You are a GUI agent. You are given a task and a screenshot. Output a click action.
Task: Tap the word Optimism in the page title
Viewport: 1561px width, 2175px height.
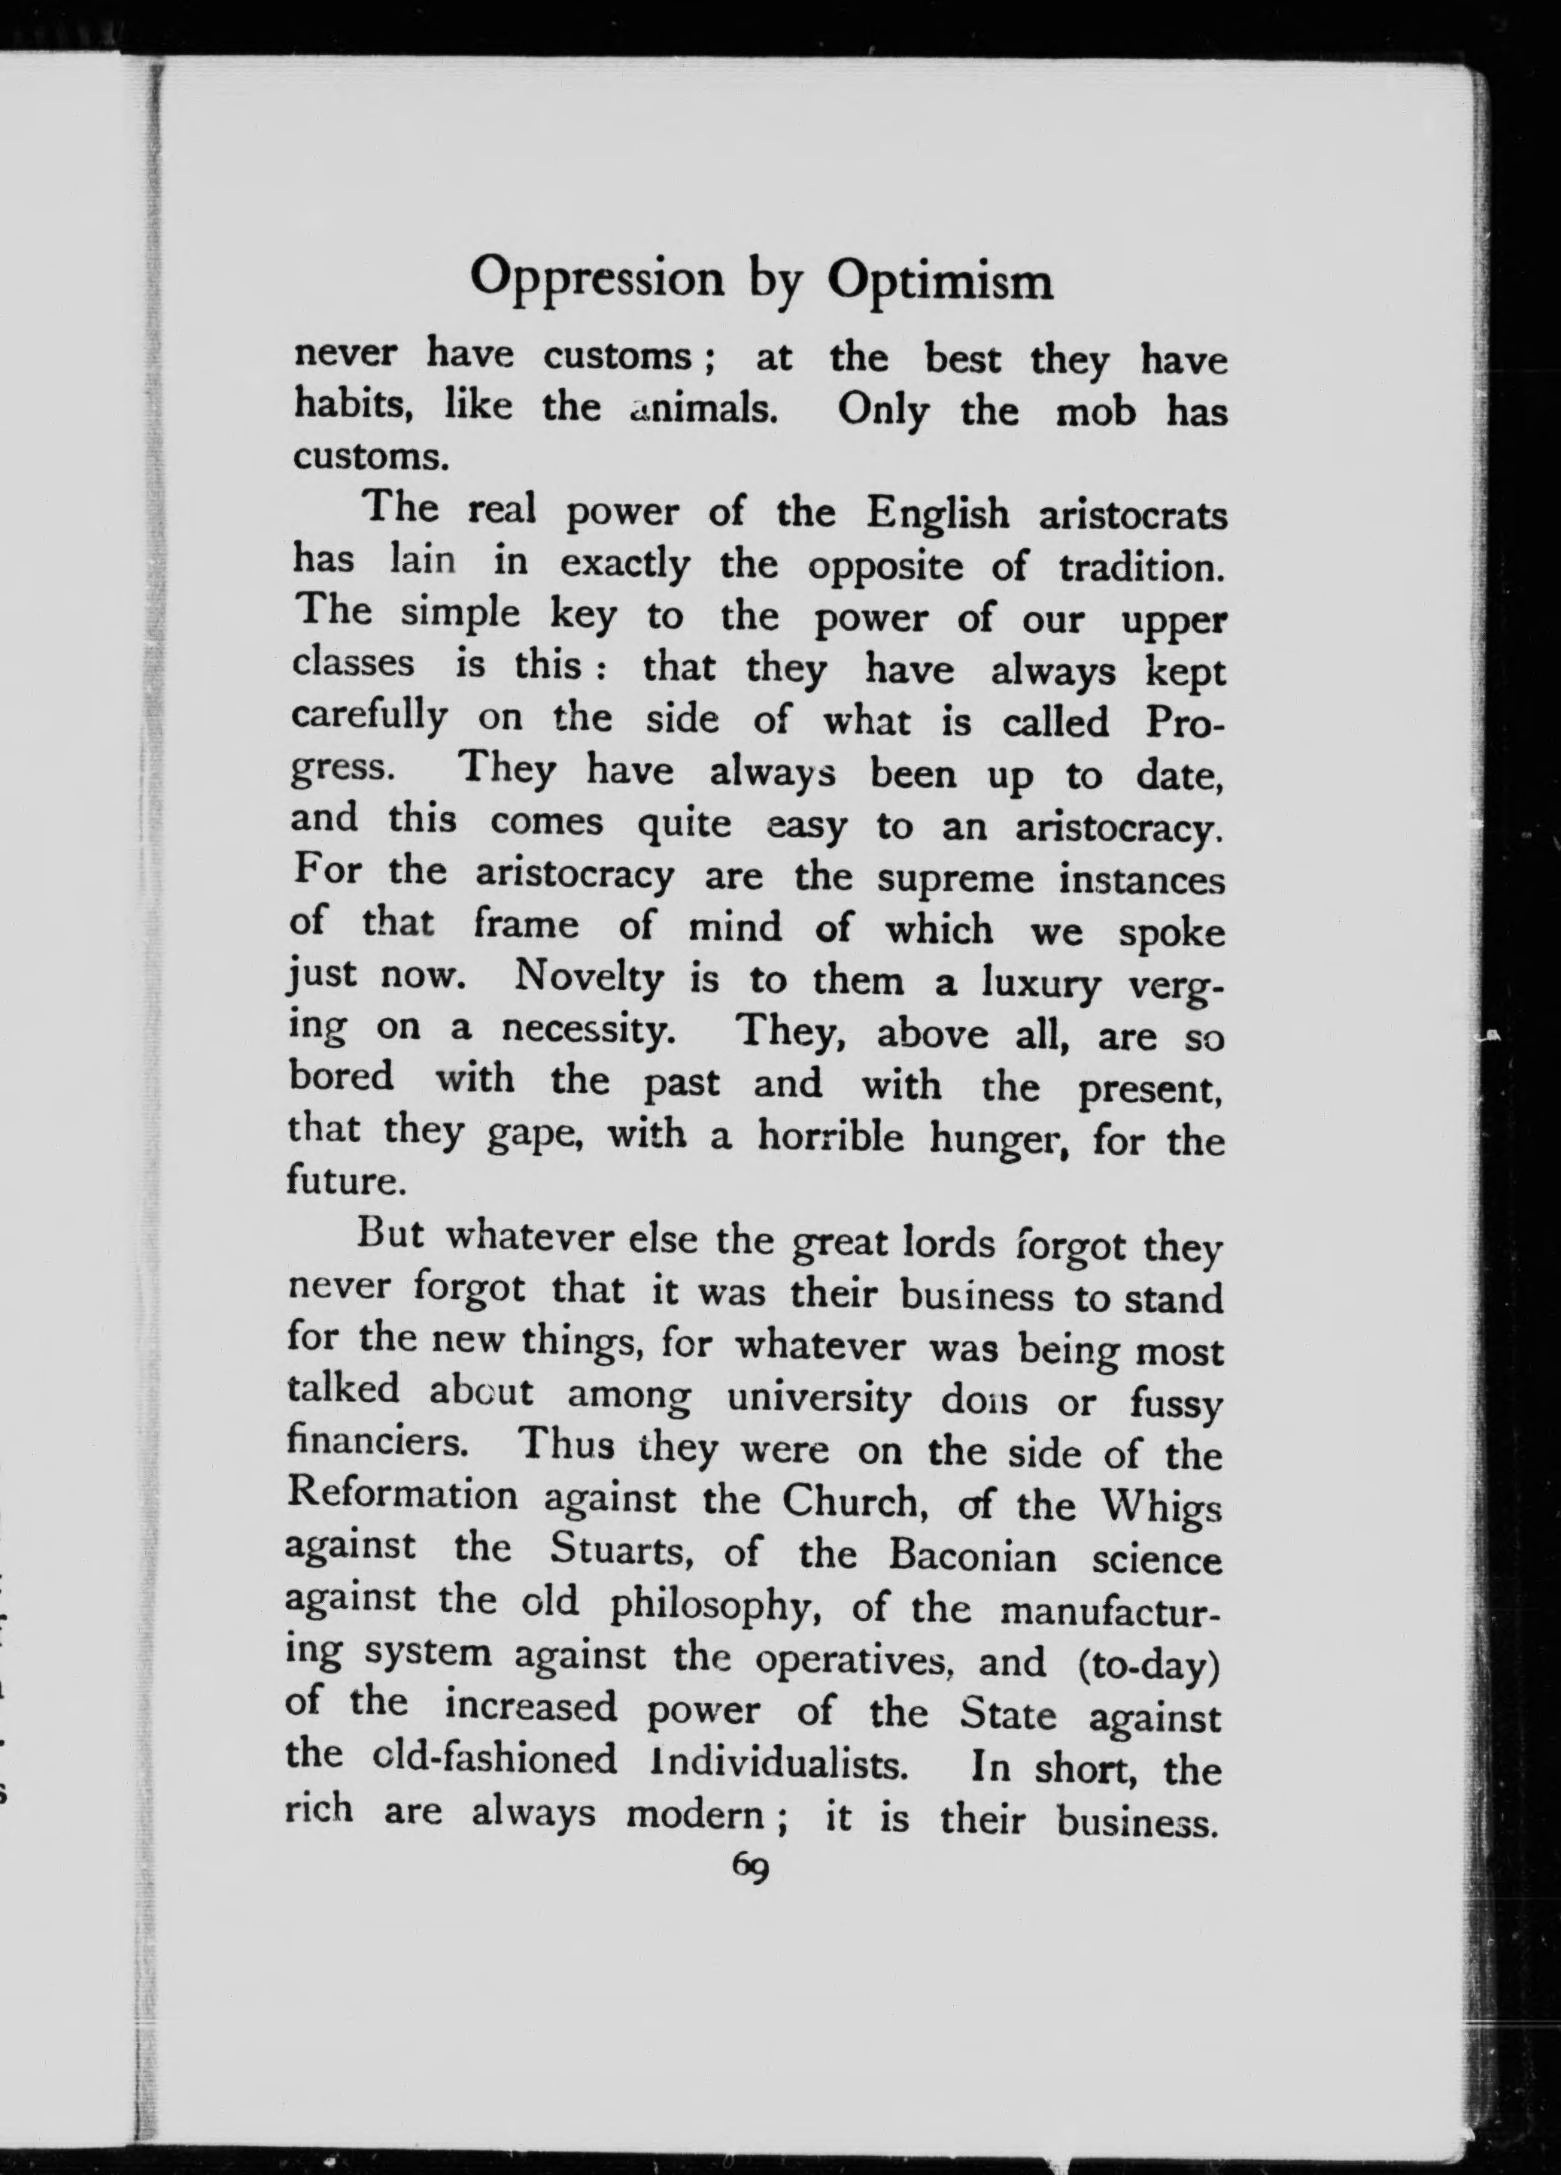940,282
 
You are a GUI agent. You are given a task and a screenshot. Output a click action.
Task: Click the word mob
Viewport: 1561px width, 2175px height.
1095,412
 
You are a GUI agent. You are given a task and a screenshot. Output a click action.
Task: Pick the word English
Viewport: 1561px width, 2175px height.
937,515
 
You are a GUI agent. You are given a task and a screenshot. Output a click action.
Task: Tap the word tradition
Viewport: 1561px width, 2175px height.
1142,568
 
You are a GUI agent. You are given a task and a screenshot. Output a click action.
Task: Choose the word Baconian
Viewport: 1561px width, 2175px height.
972,1555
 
